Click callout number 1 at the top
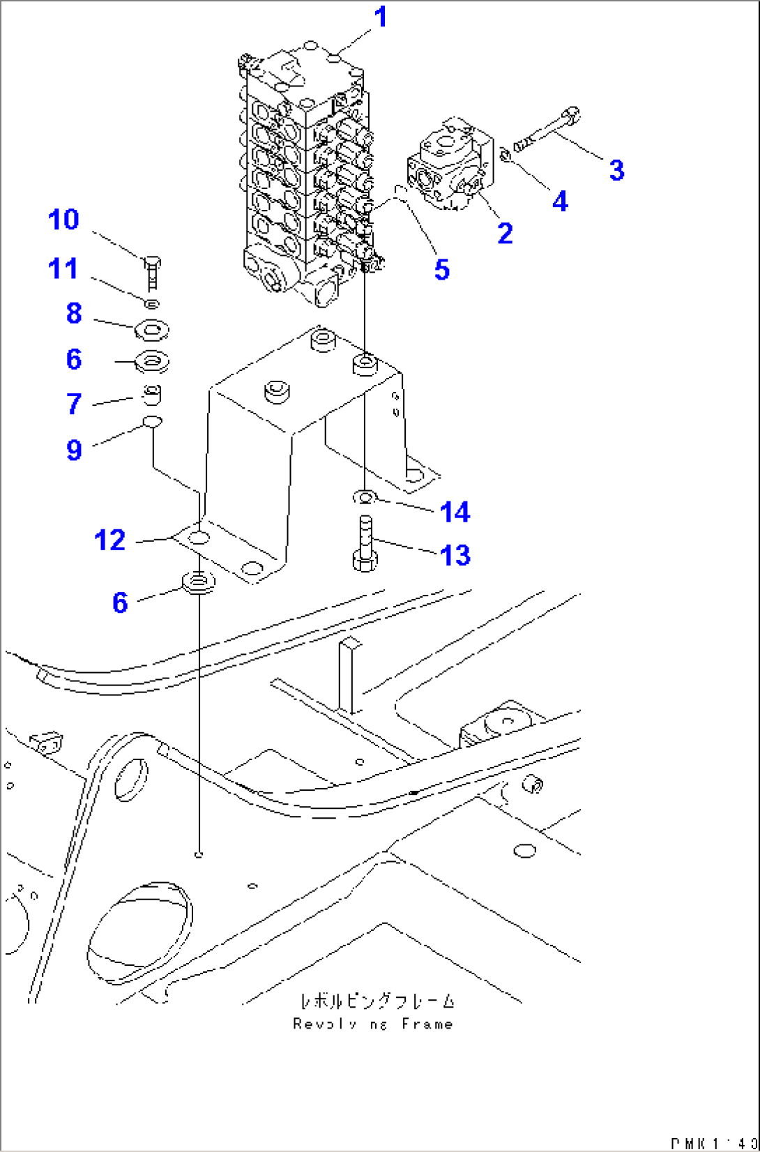coord(380,17)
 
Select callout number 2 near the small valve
coord(505,234)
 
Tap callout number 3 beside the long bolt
coord(616,170)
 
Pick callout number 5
coord(441,270)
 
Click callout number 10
coord(63,220)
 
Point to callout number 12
coord(109,540)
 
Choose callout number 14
coord(455,513)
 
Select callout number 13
coord(455,556)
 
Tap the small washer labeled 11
coord(153,303)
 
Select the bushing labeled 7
coord(152,395)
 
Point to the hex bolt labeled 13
coord(365,545)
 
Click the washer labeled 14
coord(365,497)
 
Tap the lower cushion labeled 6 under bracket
coord(198,582)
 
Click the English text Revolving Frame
coord(373,1024)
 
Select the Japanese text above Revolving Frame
coord(377,1001)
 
